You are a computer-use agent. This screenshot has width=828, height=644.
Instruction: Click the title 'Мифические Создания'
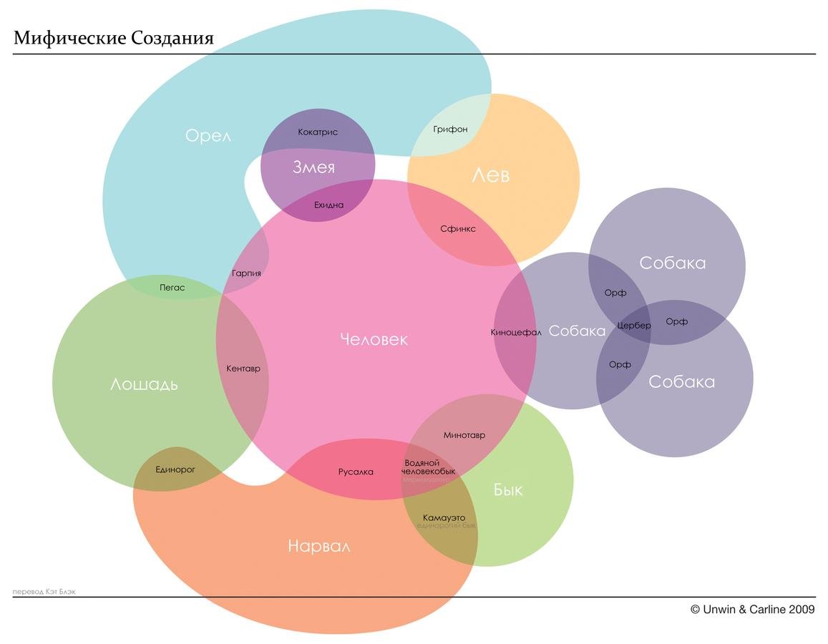[113, 38]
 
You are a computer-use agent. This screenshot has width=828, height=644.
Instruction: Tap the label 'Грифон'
[450, 130]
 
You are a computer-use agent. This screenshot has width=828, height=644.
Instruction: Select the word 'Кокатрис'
[318, 132]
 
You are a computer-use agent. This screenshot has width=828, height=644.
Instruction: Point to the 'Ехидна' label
[328, 205]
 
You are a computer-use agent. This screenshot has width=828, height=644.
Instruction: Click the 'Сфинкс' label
[457, 229]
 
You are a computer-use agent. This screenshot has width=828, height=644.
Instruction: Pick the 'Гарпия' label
[246, 273]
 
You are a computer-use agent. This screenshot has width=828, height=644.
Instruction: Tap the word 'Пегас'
[172, 288]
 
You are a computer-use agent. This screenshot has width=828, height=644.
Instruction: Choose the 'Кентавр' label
[243, 369]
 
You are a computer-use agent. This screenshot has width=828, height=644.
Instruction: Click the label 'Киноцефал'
[515, 332]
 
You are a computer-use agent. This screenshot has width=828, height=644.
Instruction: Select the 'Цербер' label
[634, 326]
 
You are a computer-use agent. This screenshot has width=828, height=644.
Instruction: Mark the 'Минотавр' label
[464, 435]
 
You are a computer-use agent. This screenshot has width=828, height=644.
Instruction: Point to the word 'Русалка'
[356, 472]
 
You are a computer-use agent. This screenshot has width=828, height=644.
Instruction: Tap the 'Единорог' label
[175, 470]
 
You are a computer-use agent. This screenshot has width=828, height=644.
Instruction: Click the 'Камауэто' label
[444, 517]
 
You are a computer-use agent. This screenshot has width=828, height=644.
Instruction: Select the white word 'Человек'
[374, 339]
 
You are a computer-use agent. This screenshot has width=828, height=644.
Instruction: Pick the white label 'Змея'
[313, 167]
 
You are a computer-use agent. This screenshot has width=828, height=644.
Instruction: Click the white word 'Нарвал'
[318, 547]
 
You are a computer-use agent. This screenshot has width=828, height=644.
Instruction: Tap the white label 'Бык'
[507, 490]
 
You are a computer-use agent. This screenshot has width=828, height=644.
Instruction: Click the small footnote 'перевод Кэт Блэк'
[44, 592]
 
